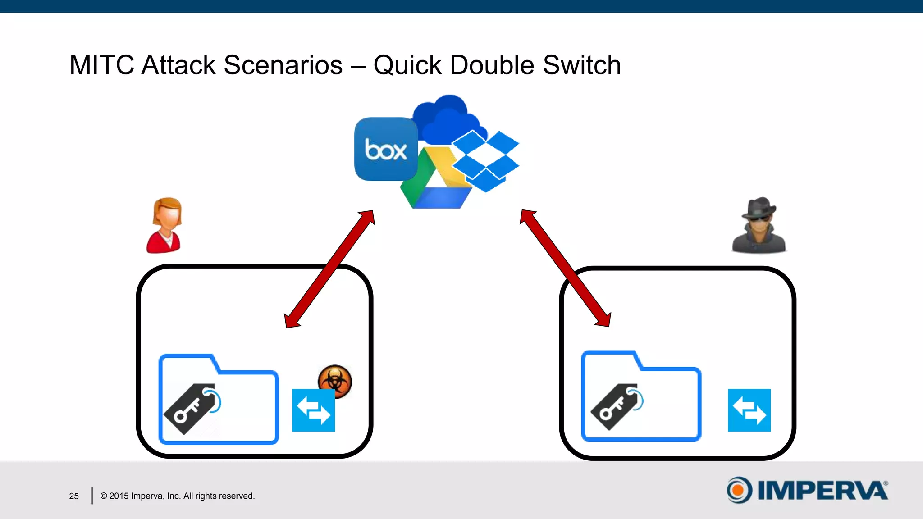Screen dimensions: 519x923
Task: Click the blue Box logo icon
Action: [386, 149]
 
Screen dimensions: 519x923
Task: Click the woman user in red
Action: [164, 225]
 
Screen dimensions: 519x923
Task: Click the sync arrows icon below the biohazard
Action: [314, 410]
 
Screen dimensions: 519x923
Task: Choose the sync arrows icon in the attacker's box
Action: [749, 410]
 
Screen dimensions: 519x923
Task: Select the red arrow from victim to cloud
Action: [329, 269]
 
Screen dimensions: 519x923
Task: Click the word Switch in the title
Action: [582, 65]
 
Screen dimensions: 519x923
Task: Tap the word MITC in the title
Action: [101, 65]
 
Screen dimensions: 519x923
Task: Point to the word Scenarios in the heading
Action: [283, 65]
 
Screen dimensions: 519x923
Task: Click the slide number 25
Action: [74, 496]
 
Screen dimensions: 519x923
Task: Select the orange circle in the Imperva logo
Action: [738, 490]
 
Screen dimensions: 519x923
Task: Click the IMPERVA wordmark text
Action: [822, 490]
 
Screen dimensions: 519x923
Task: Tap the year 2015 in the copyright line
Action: [119, 496]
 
